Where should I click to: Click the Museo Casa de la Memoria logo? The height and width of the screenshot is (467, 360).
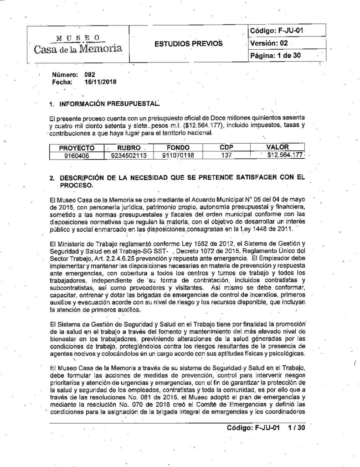77,43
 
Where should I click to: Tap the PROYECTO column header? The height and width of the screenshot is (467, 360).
77,148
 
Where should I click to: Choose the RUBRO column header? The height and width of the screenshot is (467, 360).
129,148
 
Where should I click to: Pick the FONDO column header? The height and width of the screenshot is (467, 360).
177,148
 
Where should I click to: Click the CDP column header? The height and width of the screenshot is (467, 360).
226,148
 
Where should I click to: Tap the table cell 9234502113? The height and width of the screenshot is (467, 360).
129,155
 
